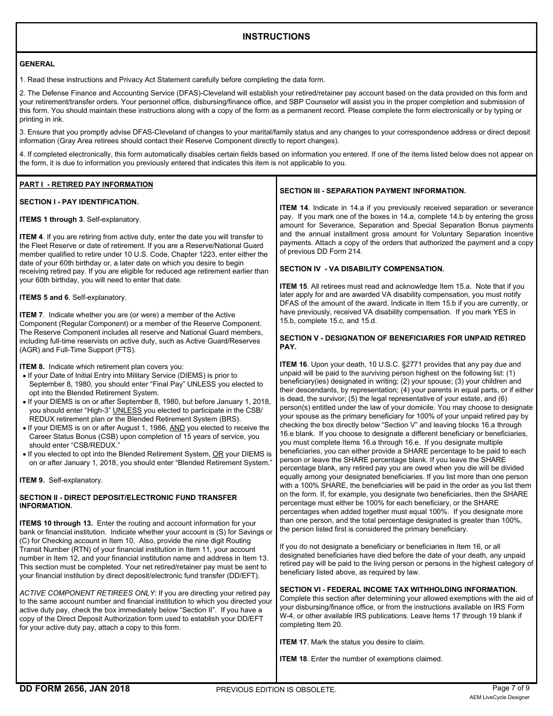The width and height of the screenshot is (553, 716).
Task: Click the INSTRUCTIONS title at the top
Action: (276, 37)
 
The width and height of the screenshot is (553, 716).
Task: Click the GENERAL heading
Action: (37, 64)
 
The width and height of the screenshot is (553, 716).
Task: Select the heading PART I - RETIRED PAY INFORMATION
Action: (86, 185)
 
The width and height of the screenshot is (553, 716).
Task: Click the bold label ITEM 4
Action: (31, 237)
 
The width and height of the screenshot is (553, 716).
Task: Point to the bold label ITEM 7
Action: (31, 315)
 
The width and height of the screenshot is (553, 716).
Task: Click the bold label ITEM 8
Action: (31, 367)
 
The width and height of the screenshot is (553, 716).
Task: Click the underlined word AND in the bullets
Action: (177, 427)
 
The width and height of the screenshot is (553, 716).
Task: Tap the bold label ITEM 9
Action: (31, 480)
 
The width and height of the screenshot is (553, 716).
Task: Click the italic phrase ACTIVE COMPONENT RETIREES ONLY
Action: (87, 593)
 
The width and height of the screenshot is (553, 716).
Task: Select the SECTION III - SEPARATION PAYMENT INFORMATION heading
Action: (373, 190)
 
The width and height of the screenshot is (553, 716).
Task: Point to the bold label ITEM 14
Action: (294, 208)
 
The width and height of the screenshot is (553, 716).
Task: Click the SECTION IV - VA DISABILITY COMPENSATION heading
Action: (361, 269)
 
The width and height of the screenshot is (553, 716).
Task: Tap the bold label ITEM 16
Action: (294, 364)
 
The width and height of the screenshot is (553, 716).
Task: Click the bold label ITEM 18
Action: (294, 659)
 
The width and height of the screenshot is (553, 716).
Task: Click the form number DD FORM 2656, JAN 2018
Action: (75, 689)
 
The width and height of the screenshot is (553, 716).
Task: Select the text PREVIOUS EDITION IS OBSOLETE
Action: (276, 690)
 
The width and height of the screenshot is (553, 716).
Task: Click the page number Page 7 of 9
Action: (511, 687)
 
